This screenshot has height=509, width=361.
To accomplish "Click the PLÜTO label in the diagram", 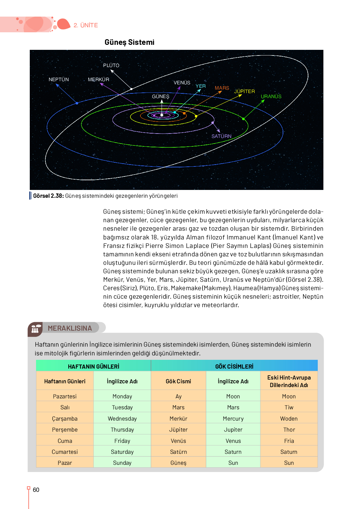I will pos(111,66).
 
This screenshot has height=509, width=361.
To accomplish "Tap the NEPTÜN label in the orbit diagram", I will pos(59,80).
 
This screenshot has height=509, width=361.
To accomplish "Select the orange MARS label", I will pos(222,88).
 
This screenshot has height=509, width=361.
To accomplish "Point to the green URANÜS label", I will pos(271,97).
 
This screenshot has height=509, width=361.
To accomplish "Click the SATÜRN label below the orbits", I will pos(221,136).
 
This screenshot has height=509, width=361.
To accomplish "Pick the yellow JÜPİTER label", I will pos(244,92).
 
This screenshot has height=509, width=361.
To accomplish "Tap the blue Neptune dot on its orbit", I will pos(77,103).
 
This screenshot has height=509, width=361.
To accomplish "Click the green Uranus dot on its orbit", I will pos(243,119).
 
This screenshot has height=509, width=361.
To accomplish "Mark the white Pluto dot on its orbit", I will pos(131,89).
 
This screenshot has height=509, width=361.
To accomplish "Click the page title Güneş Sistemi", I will pos(129,42).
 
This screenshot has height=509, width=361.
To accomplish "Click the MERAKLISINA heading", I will pos(70,328).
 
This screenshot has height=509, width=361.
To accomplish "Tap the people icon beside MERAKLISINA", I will pos(35,329).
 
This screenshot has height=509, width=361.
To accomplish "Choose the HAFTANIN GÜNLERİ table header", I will pos(93,366).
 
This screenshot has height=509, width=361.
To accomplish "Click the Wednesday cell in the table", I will pos(122,419).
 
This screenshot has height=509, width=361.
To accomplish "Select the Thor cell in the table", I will pos(289,430).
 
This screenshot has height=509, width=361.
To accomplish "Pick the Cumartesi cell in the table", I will pos(65,452).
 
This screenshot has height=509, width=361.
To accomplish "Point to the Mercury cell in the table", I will pos(233,419).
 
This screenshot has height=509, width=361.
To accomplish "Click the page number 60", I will pos(36,490).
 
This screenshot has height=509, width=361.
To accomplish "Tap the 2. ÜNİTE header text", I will pos(86,25).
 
